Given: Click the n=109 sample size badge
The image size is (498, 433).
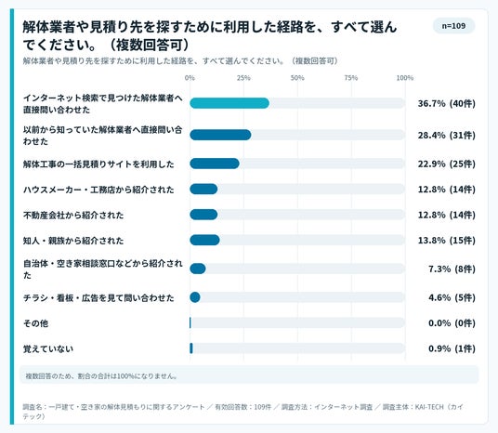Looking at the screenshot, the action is tap(453, 26).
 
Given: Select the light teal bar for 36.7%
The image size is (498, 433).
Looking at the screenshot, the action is tap(229, 103).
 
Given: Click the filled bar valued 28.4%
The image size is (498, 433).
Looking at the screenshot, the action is tap(220, 135).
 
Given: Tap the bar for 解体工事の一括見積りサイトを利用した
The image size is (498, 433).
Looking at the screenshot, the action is tap(215, 164).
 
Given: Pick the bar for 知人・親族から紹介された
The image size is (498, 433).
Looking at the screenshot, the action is tap(204, 240).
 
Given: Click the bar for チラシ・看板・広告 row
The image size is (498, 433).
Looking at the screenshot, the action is tap(195, 297).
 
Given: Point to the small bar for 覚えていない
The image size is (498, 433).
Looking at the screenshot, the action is tap(191, 348).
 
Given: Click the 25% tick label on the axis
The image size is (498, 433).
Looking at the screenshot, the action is tap(243, 78).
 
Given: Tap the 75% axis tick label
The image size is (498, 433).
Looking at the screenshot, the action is tap(351, 78).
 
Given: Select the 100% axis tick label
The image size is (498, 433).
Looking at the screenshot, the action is tap(405, 78).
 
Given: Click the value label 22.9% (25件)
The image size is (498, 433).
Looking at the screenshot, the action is tap(447, 164).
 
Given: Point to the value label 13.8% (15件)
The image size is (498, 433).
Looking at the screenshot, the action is tap(447, 241).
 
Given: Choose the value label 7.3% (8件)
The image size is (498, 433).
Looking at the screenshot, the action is tap(452, 269).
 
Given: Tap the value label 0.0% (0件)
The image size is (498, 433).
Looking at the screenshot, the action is tap(452, 323).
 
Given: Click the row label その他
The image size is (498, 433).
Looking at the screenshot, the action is tap(35, 323).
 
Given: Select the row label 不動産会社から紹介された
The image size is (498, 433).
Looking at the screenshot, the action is tap(73, 215).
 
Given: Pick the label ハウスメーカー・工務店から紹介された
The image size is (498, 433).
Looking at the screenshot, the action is tap(98, 190).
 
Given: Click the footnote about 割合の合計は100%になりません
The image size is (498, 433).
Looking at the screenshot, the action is tap(101, 376).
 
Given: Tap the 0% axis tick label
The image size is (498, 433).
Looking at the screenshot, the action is tap(190, 78).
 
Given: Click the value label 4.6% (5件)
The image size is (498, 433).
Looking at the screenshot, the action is tap(452, 297).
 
